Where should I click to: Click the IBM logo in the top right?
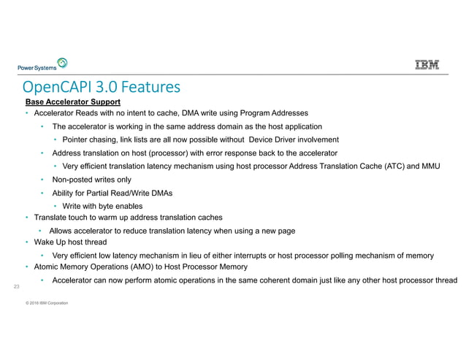[427, 65]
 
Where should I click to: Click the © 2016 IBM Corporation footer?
[47, 302]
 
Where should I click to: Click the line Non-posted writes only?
[91, 179]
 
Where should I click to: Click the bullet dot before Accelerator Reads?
[27, 114]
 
